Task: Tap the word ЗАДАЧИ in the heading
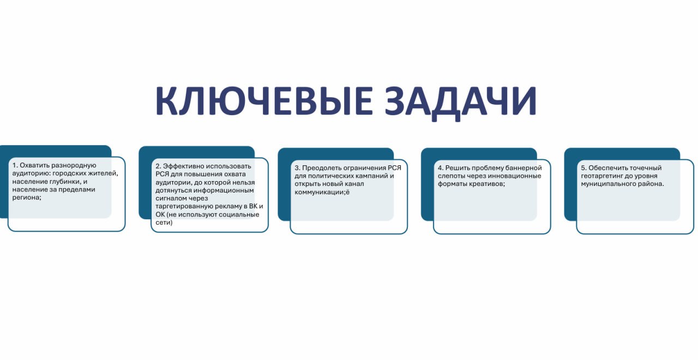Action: click(x=461, y=103)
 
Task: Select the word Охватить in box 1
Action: click(x=34, y=165)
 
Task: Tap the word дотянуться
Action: click(x=173, y=190)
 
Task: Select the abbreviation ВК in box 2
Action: click(x=254, y=206)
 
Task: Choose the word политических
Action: click(x=331, y=176)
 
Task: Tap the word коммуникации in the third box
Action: click(x=320, y=193)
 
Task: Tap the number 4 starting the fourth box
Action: click(x=440, y=168)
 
